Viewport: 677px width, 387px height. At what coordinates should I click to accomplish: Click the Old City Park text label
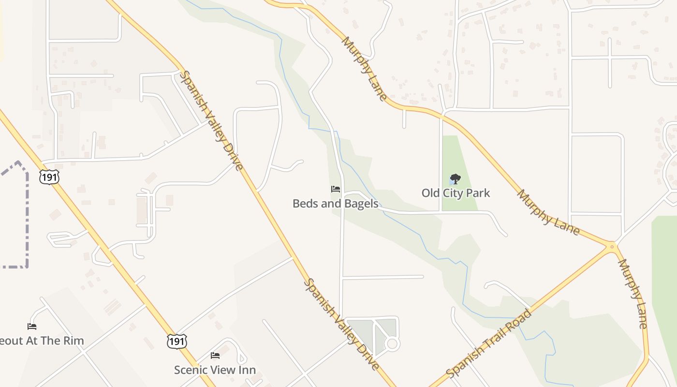(456, 193)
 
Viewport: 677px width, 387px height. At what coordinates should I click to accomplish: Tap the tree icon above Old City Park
(455, 179)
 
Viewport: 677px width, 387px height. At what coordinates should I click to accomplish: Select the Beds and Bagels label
(336, 204)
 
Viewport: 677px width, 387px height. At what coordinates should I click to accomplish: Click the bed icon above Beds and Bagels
(336, 189)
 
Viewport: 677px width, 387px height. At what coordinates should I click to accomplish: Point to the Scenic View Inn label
(215, 370)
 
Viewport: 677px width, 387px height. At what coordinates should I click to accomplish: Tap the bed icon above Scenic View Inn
(215, 356)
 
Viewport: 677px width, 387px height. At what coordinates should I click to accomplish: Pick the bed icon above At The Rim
(32, 327)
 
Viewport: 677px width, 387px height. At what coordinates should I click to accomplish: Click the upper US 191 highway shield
(50, 177)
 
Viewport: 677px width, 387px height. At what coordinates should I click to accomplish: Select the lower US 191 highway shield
(177, 342)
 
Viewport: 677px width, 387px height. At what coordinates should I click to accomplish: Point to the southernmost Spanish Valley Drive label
(341, 325)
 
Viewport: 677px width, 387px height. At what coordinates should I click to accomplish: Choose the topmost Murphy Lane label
(364, 68)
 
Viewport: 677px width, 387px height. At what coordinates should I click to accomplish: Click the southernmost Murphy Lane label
(633, 294)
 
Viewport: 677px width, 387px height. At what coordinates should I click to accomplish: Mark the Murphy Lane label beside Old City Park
(548, 212)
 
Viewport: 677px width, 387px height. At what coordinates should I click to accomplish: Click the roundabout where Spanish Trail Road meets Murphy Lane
(612, 247)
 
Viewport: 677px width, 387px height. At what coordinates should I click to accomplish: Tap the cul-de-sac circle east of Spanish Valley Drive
(392, 344)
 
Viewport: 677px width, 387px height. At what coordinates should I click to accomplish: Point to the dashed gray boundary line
(27, 218)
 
